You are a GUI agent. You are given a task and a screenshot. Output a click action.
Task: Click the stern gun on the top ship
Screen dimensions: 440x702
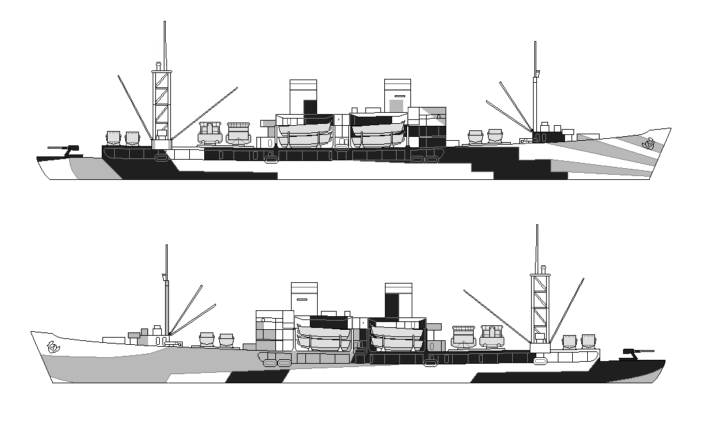(x=65, y=150)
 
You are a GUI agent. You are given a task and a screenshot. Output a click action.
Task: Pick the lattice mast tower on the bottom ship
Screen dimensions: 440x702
(x=540, y=307)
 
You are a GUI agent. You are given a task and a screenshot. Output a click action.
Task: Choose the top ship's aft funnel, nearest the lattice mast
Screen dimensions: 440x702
(x=303, y=97)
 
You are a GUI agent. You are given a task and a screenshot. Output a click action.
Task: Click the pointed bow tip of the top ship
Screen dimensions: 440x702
(x=669, y=130)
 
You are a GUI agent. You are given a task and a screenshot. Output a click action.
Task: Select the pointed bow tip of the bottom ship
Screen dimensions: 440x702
(x=32, y=332)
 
